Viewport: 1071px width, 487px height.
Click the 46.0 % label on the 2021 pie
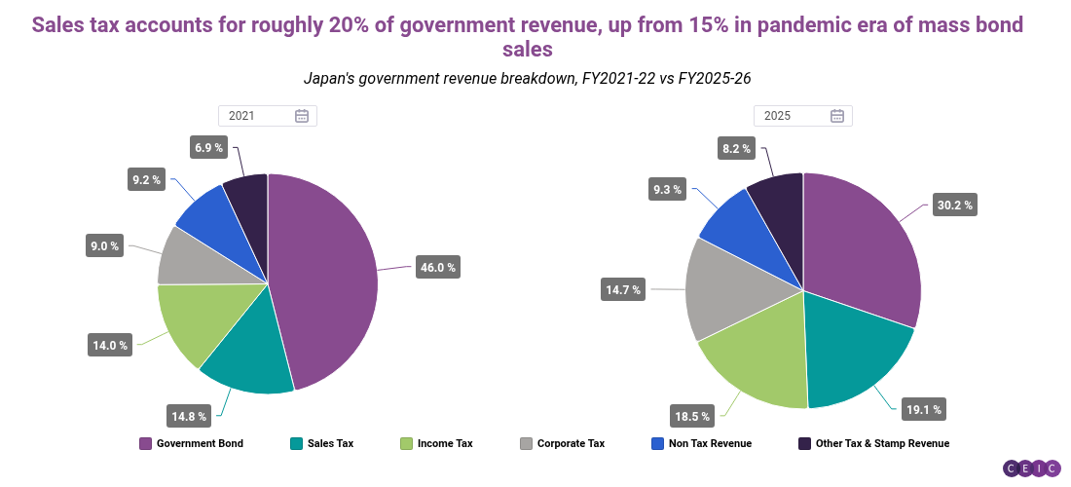pyautogui.click(x=437, y=267)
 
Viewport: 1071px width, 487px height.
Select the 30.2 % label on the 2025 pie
pyautogui.click(x=953, y=206)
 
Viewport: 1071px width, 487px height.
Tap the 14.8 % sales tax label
pyautogui.click(x=190, y=417)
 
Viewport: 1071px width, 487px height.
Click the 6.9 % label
pyautogui.click(x=209, y=148)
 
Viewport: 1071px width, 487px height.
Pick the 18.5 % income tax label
pyautogui.click(x=692, y=416)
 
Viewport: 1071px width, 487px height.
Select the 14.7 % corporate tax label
pyautogui.click(x=623, y=289)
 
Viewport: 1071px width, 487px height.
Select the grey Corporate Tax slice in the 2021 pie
pyautogui.click(x=185, y=258)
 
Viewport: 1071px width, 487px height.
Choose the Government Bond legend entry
pyautogui.click(x=191, y=443)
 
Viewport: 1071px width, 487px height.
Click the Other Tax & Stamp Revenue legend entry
pyautogui.click(x=873, y=443)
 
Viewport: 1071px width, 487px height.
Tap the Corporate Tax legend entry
pyautogui.click(x=563, y=443)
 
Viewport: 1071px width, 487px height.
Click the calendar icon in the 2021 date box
pyautogui.click(x=302, y=116)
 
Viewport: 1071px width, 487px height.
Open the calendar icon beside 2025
pyautogui.click(x=837, y=116)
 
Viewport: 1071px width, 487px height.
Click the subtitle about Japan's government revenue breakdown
pyautogui.click(x=527, y=77)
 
